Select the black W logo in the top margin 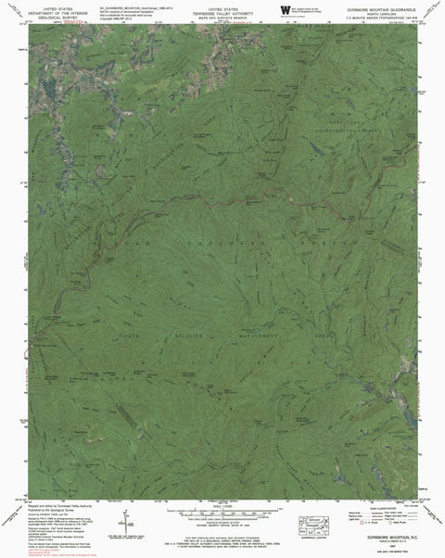283,10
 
